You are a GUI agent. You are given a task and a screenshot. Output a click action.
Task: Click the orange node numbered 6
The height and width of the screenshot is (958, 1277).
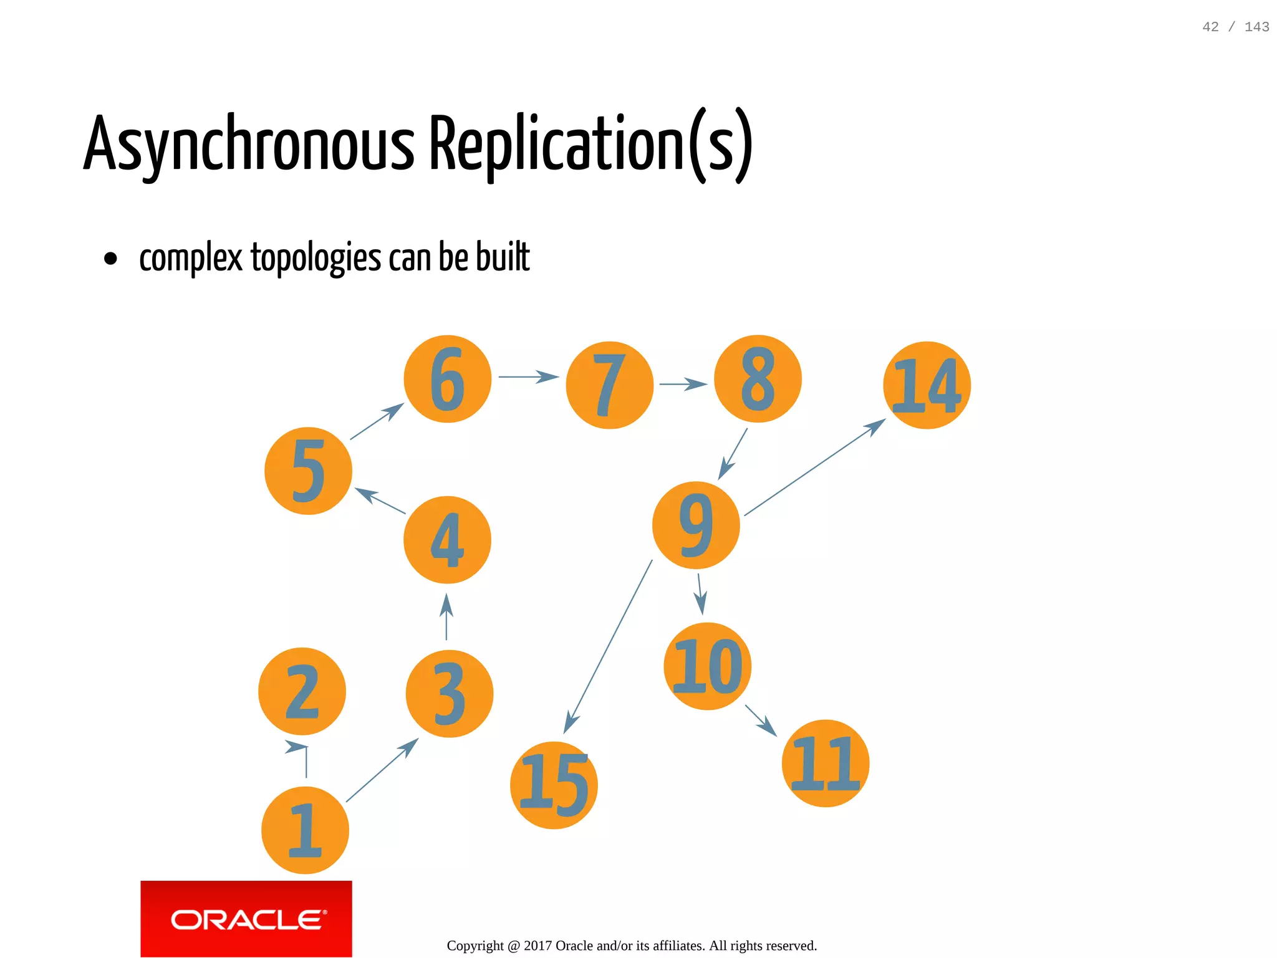pos(447,379)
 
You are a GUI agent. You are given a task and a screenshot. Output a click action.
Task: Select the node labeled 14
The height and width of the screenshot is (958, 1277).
pos(927,385)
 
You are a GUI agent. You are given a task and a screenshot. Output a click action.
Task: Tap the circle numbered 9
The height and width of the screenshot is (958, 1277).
pos(696,525)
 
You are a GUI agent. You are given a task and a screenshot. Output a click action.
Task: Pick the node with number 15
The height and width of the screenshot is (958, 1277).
pos(554,785)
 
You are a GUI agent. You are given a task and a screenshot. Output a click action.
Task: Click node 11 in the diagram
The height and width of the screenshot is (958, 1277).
pos(825,763)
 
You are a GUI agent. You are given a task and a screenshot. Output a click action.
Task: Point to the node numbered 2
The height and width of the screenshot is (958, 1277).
pos(302,691)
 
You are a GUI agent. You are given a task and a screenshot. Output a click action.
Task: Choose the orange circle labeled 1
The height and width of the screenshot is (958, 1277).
pos(305,830)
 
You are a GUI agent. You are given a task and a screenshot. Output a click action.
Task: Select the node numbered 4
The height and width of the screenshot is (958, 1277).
pos(447,540)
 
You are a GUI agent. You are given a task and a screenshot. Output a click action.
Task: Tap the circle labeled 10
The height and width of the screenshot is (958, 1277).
pos(707,666)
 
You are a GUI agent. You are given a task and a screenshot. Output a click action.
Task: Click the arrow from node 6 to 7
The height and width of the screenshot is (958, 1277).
pos(528,377)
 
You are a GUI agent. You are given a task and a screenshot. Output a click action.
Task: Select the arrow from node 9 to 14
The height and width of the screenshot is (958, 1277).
pos(814,467)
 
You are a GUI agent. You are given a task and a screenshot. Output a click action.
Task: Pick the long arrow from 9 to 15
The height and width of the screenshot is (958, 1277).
pos(608,647)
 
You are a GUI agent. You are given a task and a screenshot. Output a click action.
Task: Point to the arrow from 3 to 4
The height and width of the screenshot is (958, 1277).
pos(446,617)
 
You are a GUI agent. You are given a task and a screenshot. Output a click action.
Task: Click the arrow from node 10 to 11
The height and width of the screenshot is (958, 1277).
pos(761,721)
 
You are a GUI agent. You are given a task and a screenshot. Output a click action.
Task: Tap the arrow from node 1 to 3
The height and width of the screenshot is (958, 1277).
pos(382,770)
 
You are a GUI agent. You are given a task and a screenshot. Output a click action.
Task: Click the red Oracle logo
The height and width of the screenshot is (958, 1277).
pos(246,919)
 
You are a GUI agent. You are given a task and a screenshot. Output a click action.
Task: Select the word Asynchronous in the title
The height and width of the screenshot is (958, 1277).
pos(249,144)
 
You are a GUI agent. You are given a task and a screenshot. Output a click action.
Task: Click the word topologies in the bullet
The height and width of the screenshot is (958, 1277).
pos(316,257)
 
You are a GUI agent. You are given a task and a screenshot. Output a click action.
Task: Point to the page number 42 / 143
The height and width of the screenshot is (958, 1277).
pos(1235,27)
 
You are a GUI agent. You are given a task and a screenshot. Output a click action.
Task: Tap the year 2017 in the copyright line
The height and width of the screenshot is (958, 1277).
pos(537,946)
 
